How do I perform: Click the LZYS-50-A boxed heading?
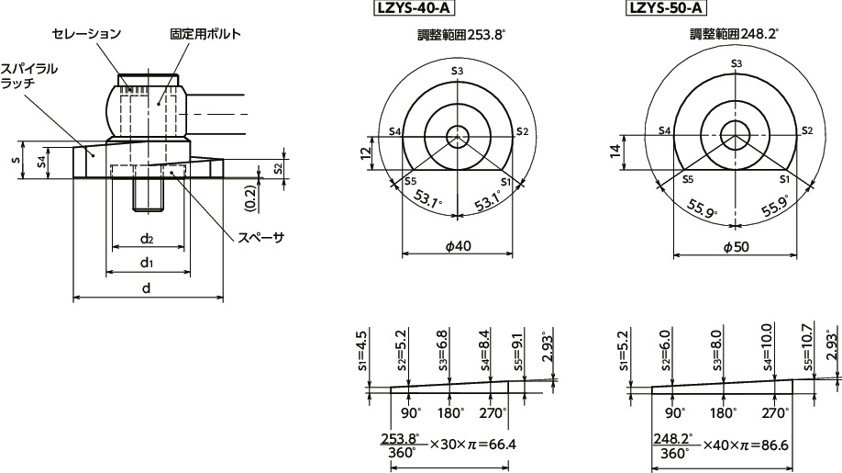(x=665, y=9)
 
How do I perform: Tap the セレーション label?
(x=86, y=34)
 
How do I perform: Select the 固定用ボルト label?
(x=205, y=34)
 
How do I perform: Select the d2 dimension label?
(x=147, y=240)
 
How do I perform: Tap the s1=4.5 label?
(x=362, y=348)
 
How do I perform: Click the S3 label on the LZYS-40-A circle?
(x=456, y=70)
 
